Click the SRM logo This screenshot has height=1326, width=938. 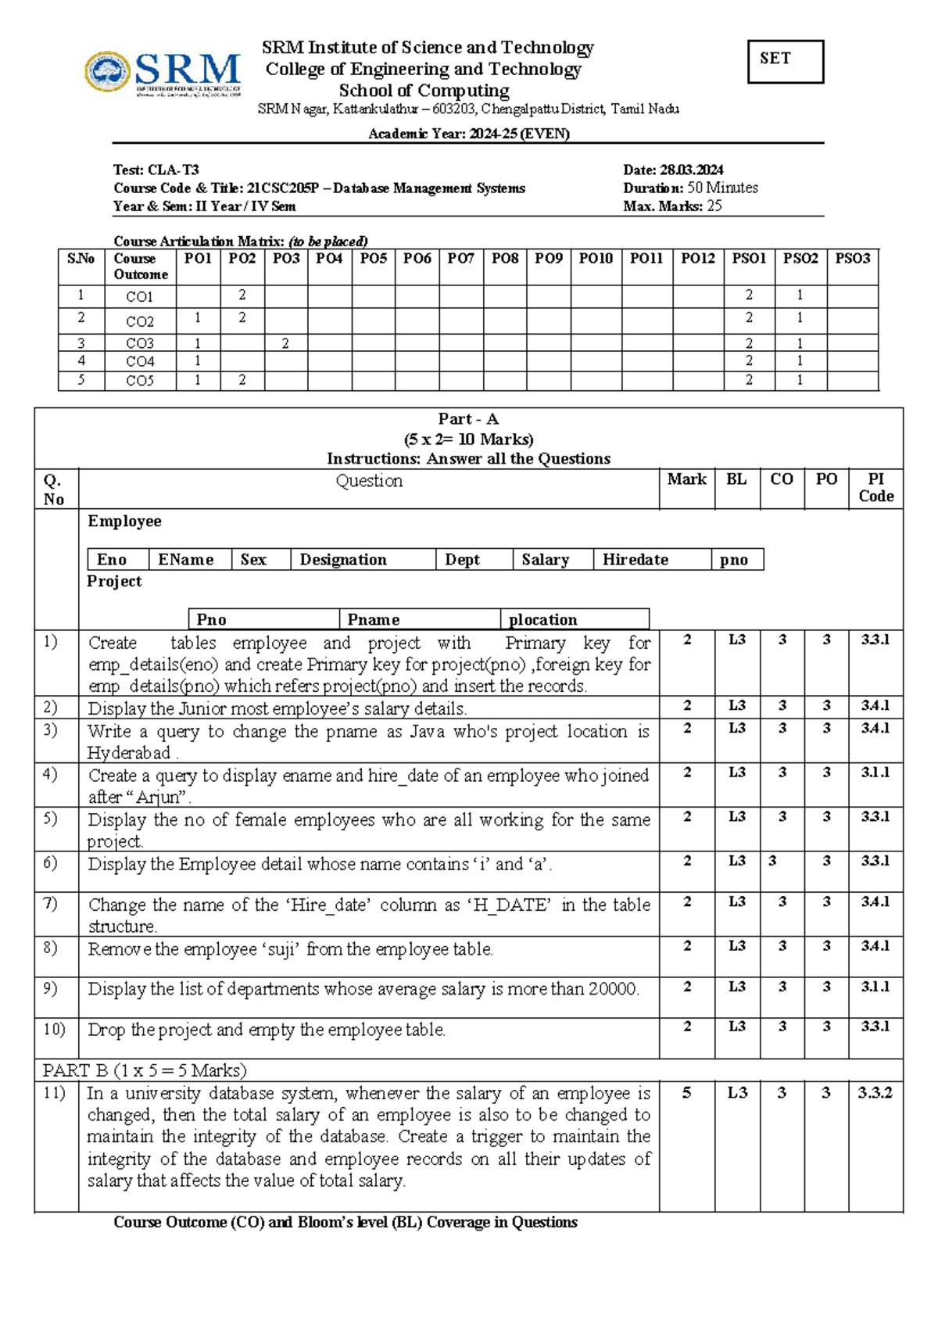pos(162,73)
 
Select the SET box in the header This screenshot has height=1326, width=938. pos(785,61)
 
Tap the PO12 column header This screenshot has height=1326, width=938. pos(697,258)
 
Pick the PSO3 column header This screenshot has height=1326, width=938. pos(852,258)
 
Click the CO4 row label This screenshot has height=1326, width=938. pos(140,361)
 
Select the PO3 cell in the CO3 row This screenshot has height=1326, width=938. pos(285,343)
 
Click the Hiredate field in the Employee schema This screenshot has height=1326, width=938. pos(635,560)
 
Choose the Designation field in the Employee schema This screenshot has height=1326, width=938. pos(343,560)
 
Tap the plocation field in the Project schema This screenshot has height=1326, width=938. pos(543,620)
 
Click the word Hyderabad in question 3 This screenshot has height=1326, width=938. pos(129,754)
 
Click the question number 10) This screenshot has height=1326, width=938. pos(54,1029)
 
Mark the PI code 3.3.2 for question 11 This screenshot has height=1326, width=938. pos(875,1093)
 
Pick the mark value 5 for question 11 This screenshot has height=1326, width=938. pos(686,1093)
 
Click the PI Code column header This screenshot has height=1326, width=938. pos(875,488)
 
